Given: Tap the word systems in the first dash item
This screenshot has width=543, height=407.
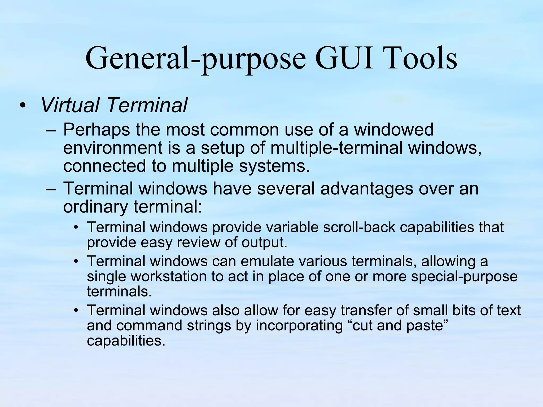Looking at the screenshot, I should [x=274, y=166].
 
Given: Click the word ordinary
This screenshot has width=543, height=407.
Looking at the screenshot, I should [x=95, y=207].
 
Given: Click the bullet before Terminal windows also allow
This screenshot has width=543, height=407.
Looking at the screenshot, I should [x=76, y=310].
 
